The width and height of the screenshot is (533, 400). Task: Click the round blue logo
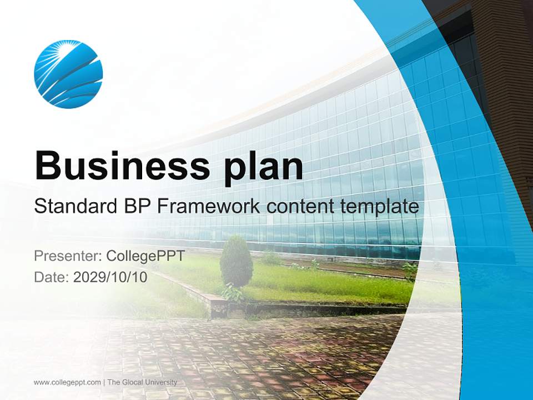point(68,74)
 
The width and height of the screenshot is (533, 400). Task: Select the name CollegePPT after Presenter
point(145,256)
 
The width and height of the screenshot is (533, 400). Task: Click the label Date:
point(52,277)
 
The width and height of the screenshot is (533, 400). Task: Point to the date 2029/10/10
point(110,277)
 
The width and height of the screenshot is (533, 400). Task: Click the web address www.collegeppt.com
point(67,382)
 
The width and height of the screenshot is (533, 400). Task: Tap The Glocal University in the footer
point(142,382)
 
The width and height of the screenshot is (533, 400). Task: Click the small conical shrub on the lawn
point(237,261)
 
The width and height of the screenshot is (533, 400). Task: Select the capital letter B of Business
point(49,165)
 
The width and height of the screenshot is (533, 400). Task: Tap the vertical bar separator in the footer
point(104,382)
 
